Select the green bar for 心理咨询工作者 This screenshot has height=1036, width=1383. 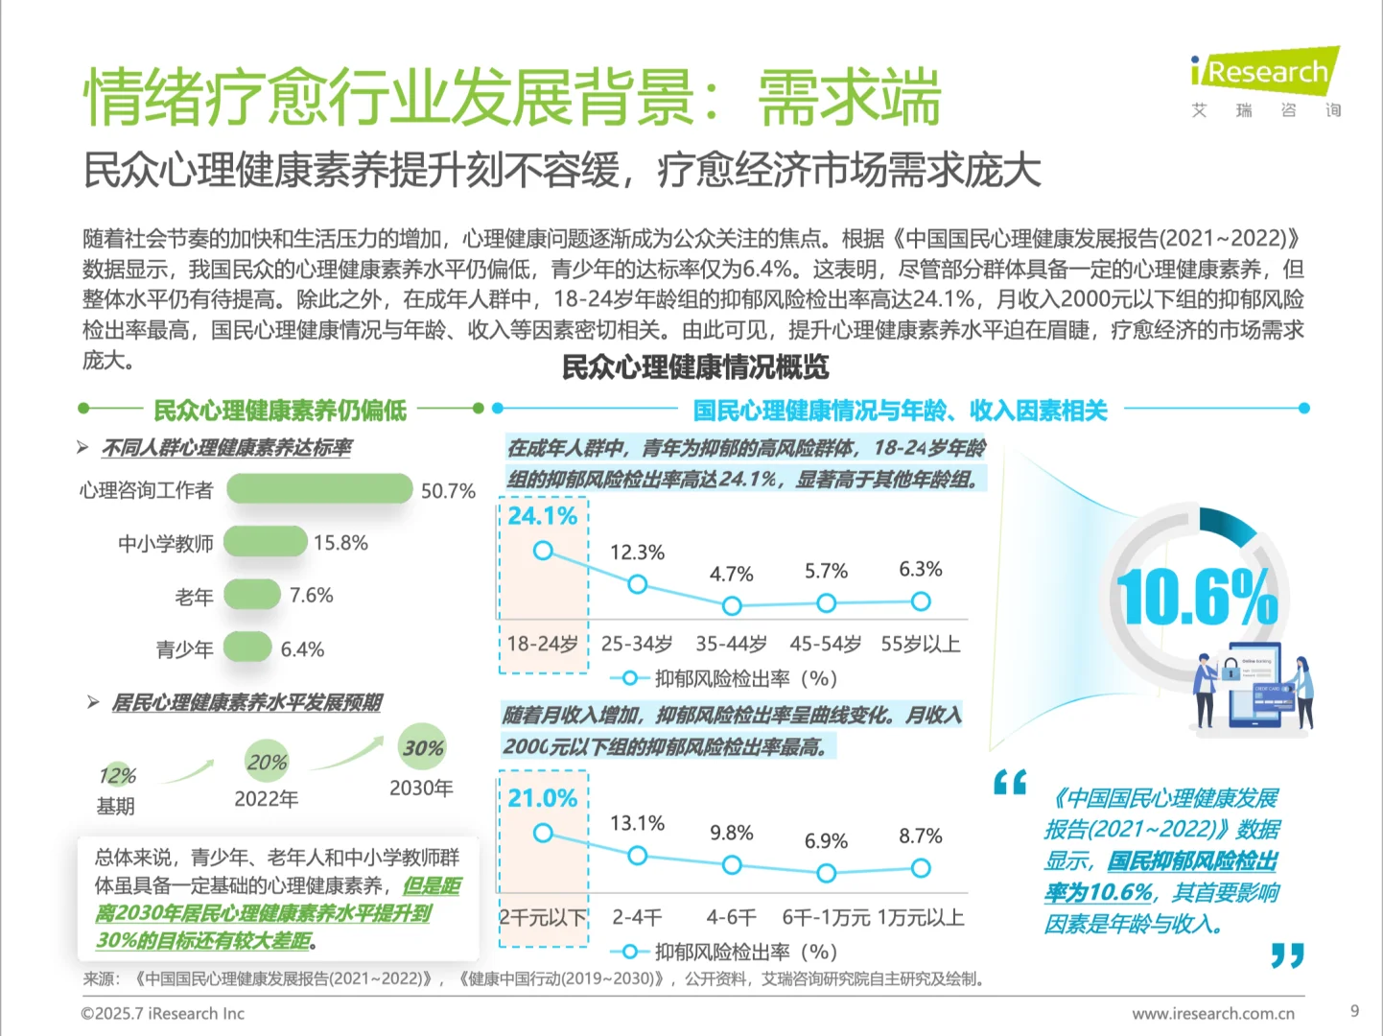pyautogui.click(x=319, y=489)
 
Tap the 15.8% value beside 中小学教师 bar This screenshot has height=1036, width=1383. pyautogui.click(x=340, y=543)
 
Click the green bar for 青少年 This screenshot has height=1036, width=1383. pyautogui.click(x=247, y=647)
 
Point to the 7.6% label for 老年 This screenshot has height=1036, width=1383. pyautogui.click(x=311, y=596)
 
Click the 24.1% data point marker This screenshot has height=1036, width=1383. pyautogui.click(x=543, y=551)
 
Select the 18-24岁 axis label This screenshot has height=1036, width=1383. pyautogui.click(x=542, y=644)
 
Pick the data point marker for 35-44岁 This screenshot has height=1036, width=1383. pyautogui.click(x=732, y=606)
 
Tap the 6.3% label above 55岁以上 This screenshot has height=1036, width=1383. pyautogui.click(x=920, y=570)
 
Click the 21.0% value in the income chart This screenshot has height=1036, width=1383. pyautogui.click(x=542, y=798)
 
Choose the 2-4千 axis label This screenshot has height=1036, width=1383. pyautogui.click(x=637, y=917)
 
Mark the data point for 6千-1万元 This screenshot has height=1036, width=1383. pyautogui.click(x=826, y=873)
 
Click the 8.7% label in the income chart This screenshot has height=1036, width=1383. pyautogui.click(x=920, y=836)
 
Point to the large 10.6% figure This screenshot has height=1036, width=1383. pyautogui.click(x=1196, y=597)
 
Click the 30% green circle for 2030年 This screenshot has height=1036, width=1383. pyautogui.click(x=422, y=747)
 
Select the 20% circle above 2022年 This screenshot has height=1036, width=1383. pyautogui.click(x=267, y=763)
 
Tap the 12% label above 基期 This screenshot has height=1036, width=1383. pyautogui.click(x=117, y=775)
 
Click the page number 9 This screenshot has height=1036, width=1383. pyautogui.click(x=1354, y=1011)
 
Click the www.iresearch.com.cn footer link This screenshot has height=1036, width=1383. pyautogui.click(x=1212, y=1013)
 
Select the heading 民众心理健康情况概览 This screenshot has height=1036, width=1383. pyautogui.click(x=694, y=367)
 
